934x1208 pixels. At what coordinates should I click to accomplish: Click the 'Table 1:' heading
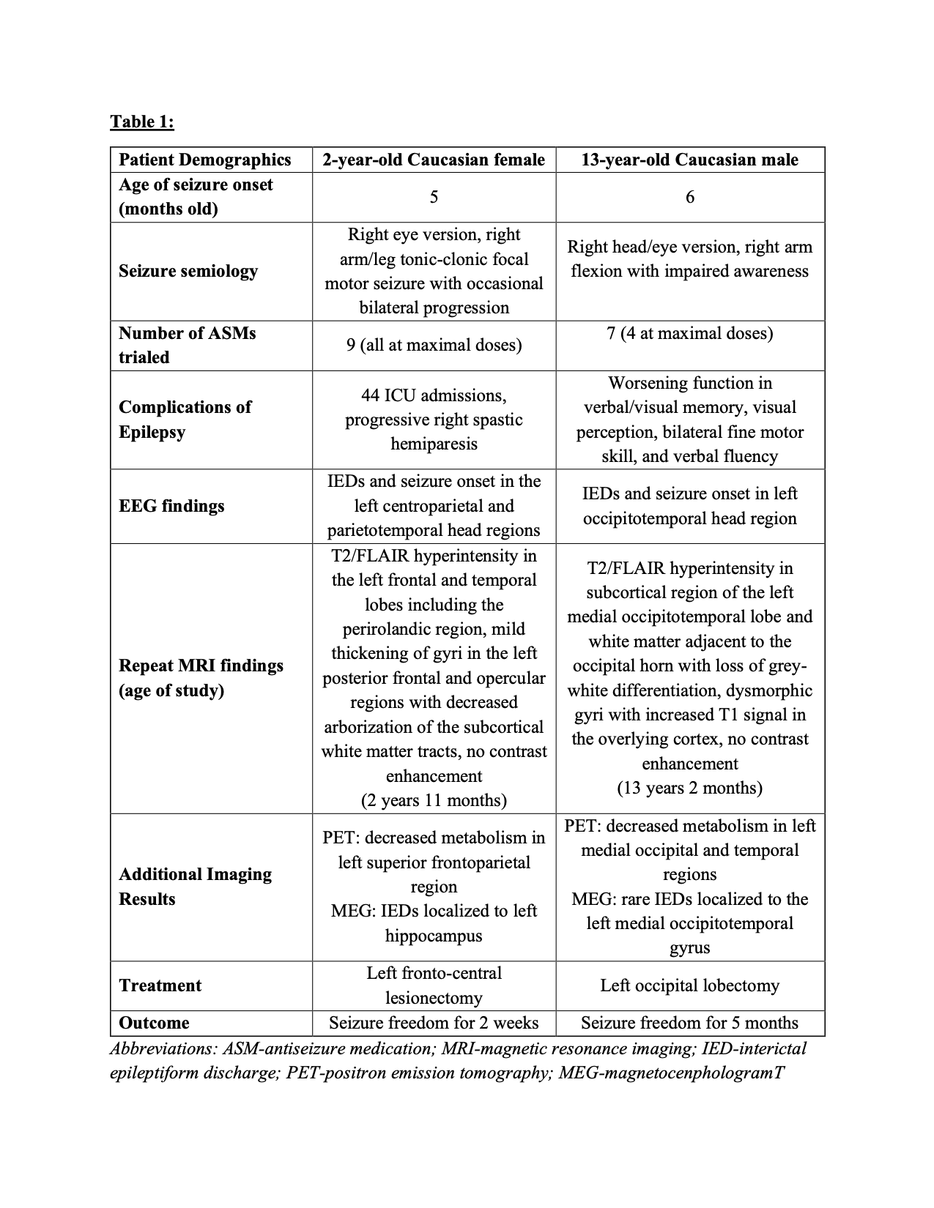tap(142, 122)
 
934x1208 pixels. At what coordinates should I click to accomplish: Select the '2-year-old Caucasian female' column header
tap(434, 160)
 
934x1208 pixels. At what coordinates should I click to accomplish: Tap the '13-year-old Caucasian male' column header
tap(689, 160)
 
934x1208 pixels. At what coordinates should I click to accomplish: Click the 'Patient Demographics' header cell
tap(205, 160)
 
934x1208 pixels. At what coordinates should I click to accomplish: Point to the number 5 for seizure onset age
tap(434, 197)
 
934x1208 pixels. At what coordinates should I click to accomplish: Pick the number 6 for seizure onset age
tap(689, 197)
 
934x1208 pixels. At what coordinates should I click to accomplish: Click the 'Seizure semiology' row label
tap(188, 271)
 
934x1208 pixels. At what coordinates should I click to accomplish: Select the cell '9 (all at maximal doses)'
tap(434, 345)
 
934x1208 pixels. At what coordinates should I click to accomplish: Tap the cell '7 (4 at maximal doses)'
tap(689, 333)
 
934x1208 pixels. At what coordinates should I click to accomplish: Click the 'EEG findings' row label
tap(171, 506)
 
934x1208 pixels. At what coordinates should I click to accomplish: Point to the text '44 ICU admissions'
tap(434, 395)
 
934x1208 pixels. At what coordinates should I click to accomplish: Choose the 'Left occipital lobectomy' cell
tap(689, 985)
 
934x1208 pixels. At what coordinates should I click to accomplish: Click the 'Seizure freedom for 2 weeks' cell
tap(434, 1023)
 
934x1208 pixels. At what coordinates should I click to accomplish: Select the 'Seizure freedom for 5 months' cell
tap(689, 1023)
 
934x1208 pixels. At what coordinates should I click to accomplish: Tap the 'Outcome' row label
tap(154, 1023)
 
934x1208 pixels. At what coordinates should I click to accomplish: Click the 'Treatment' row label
tap(160, 985)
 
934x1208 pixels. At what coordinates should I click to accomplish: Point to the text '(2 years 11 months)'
tap(434, 800)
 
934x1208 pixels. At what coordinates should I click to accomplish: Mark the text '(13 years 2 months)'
tap(689, 788)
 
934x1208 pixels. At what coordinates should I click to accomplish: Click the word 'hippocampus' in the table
tap(434, 936)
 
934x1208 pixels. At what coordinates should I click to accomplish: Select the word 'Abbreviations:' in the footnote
tap(163, 1049)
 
